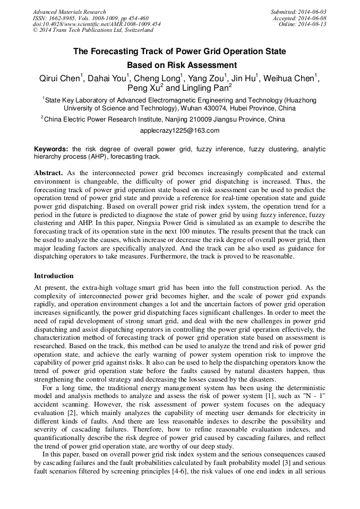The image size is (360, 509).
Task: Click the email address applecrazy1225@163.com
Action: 179,131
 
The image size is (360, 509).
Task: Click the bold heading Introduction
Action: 54,276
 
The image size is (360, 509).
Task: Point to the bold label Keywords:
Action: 51,149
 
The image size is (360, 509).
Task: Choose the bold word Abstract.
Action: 48,173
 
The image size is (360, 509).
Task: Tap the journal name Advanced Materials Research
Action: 69,12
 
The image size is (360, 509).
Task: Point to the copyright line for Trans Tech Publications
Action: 93,31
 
